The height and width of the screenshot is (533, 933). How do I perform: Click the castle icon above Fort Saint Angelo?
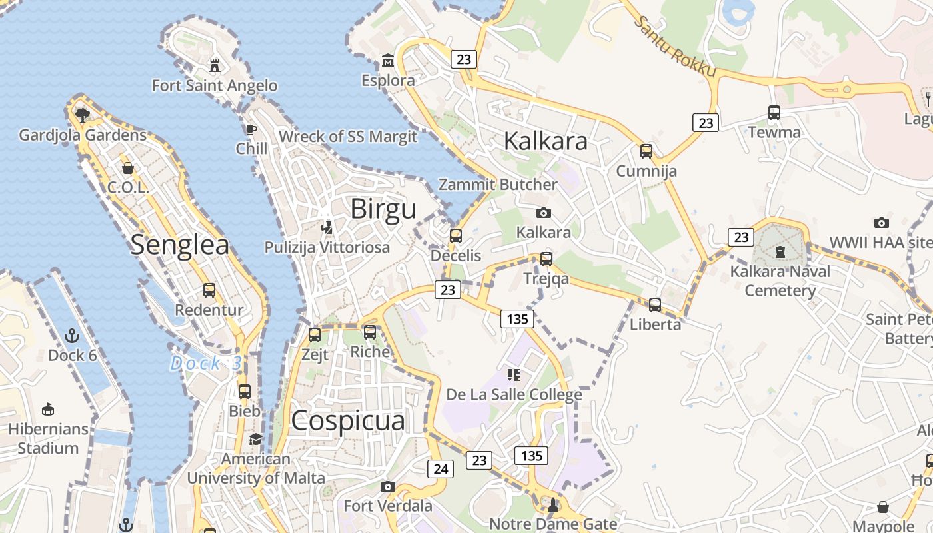(215, 66)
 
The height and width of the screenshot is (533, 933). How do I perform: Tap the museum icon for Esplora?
(388, 61)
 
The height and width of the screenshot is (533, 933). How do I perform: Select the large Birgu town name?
(383, 209)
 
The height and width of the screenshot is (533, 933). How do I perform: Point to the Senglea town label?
(180, 245)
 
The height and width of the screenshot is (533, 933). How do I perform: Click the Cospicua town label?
(348, 421)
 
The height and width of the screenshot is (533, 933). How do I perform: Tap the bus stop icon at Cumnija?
(646, 151)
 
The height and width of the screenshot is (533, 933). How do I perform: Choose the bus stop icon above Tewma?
(774, 113)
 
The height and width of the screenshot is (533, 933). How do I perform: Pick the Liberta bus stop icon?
(655, 305)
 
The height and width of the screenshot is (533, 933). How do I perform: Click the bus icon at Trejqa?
(546, 259)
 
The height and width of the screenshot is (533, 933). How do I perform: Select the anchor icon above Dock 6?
(72, 336)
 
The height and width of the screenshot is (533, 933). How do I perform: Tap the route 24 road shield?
(441, 469)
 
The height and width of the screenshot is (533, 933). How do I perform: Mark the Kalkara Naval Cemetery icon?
(780, 253)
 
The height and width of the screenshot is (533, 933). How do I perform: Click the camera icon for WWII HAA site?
(882, 223)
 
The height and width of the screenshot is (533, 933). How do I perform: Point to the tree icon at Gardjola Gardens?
(83, 115)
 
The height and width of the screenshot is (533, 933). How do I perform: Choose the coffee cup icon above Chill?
(251, 129)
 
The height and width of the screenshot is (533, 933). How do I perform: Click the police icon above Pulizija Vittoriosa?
(327, 228)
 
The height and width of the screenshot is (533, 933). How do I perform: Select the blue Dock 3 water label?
(205, 364)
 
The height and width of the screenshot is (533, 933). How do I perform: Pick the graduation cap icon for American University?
(255, 440)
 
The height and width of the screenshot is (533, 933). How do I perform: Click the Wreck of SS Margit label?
(348, 137)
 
